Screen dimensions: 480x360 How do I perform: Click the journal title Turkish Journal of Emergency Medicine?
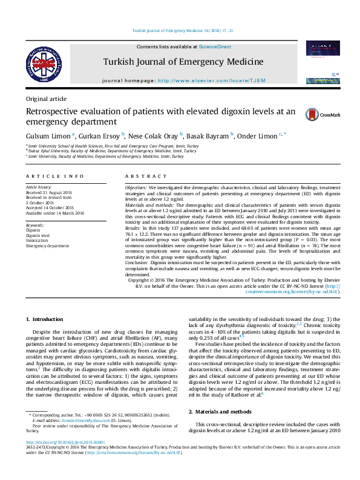point(183,62)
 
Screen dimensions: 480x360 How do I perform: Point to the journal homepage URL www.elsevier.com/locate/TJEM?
point(208,80)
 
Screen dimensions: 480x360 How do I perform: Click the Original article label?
point(46,99)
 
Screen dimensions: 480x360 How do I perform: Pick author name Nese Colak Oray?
point(154,135)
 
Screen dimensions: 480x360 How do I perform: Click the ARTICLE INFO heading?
point(55,176)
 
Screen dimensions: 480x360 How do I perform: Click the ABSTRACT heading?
point(141,176)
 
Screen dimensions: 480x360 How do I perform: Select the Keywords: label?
point(35,225)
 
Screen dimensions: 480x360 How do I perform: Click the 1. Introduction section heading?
point(46,319)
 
